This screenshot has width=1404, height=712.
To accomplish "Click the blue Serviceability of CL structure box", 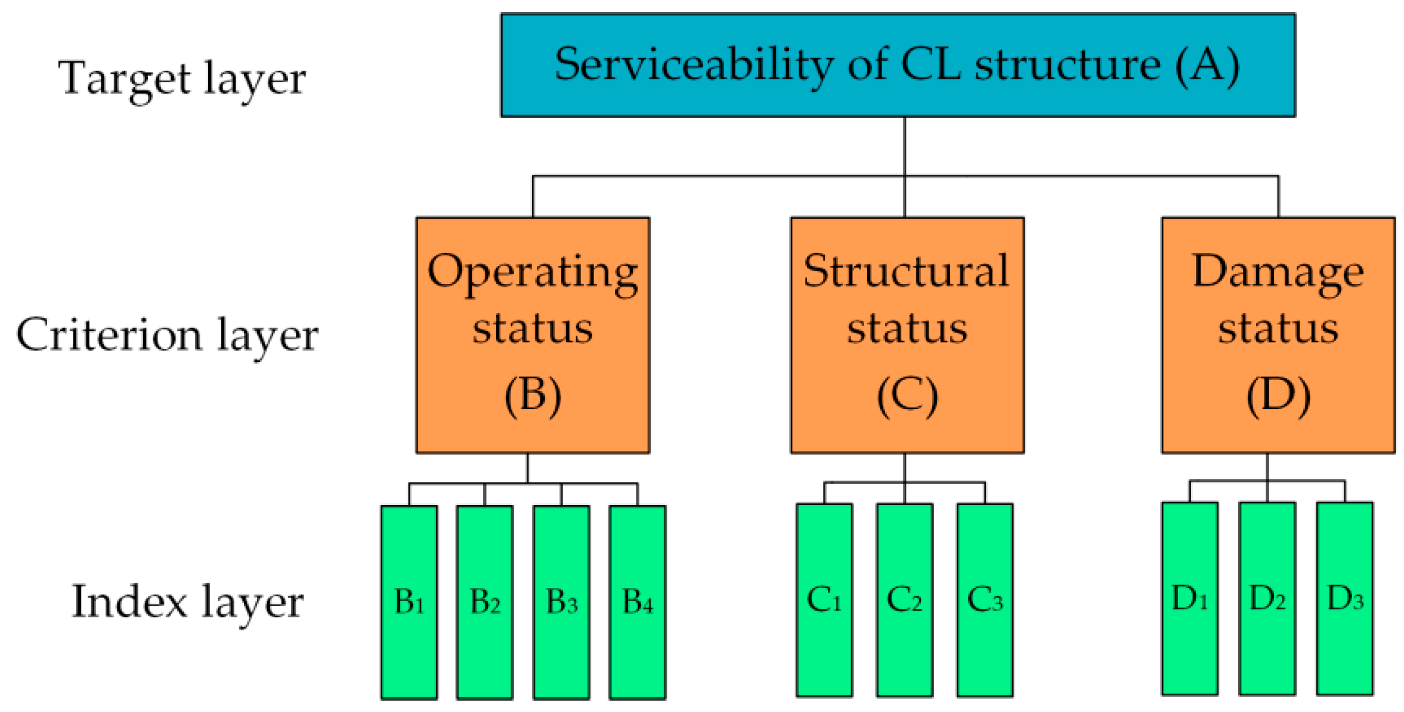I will [x=898, y=65].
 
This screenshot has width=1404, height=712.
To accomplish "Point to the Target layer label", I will [x=182, y=79].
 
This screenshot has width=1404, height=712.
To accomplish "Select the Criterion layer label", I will [x=167, y=336].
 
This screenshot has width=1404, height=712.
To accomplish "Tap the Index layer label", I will [x=187, y=602].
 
